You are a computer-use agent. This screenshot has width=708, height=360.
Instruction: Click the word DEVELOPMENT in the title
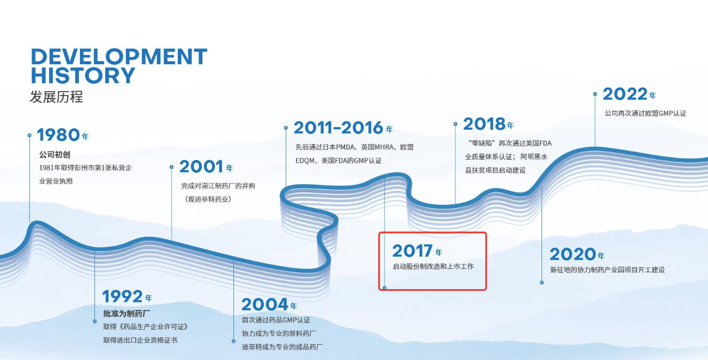pos(119,57)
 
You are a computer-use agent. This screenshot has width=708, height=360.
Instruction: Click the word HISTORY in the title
pos(83,75)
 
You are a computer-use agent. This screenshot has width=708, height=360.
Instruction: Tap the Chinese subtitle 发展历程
pos(56,97)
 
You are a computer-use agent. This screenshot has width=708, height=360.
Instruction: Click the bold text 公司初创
pos(55,155)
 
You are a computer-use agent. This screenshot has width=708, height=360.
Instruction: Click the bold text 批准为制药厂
pos(127,313)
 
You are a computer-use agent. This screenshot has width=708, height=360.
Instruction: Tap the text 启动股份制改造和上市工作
pos(433,267)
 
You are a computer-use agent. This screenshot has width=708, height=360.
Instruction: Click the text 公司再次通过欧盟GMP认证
pos(646,114)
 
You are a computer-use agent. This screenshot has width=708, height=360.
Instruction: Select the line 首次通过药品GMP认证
pos(276,320)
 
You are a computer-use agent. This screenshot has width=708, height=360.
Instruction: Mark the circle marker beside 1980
pos(29,135)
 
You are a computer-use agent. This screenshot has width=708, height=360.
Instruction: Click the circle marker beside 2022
pos(595,94)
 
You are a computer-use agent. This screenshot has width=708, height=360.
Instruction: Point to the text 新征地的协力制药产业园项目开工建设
pos(607,270)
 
